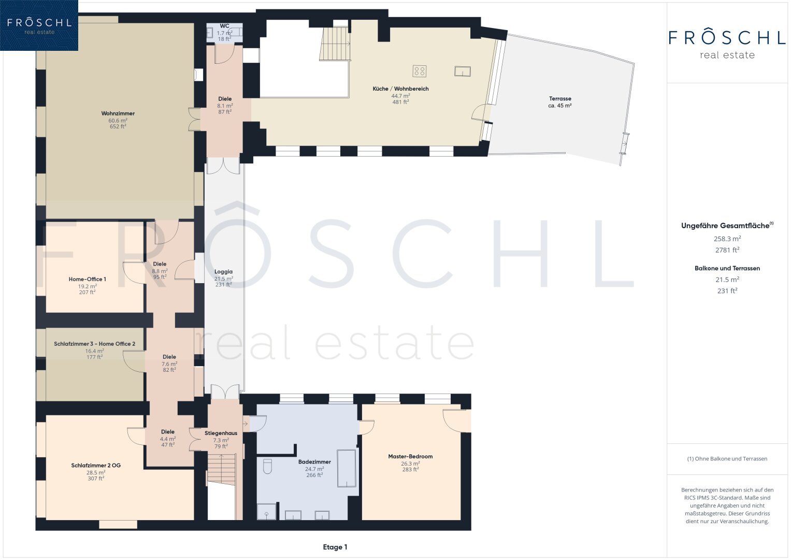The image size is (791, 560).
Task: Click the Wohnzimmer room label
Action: (x=118, y=114)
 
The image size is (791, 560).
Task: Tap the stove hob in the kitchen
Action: (x=419, y=71)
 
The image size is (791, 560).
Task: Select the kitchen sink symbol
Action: (x=462, y=72)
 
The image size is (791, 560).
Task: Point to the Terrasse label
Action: (x=559, y=99)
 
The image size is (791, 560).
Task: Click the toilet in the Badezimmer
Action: (x=267, y=466)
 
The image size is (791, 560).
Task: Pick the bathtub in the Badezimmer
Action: (x=347, y=468)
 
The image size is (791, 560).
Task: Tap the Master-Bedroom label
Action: (x=410, y=456)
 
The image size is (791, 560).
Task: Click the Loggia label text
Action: (x=224, y=272)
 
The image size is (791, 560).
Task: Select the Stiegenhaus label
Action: (x=221, y=433)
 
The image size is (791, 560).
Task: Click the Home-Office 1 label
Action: (x=87, y=279)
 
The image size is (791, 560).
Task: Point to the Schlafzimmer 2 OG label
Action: (x=96, y=465)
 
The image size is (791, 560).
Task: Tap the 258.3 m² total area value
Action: (x=727, y=239)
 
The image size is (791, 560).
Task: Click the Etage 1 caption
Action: (x=335, y=547)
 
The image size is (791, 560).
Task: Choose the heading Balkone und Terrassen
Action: (x=727, y=269)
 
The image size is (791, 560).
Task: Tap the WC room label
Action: (x=225, y=26)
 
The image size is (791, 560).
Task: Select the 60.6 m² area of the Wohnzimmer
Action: (x=118, y=120)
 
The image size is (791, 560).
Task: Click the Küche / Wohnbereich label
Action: (x=400, y=89)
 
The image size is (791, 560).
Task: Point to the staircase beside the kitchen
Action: (x=335, y=44)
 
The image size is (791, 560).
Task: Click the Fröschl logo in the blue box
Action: (x=39, y=25)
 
